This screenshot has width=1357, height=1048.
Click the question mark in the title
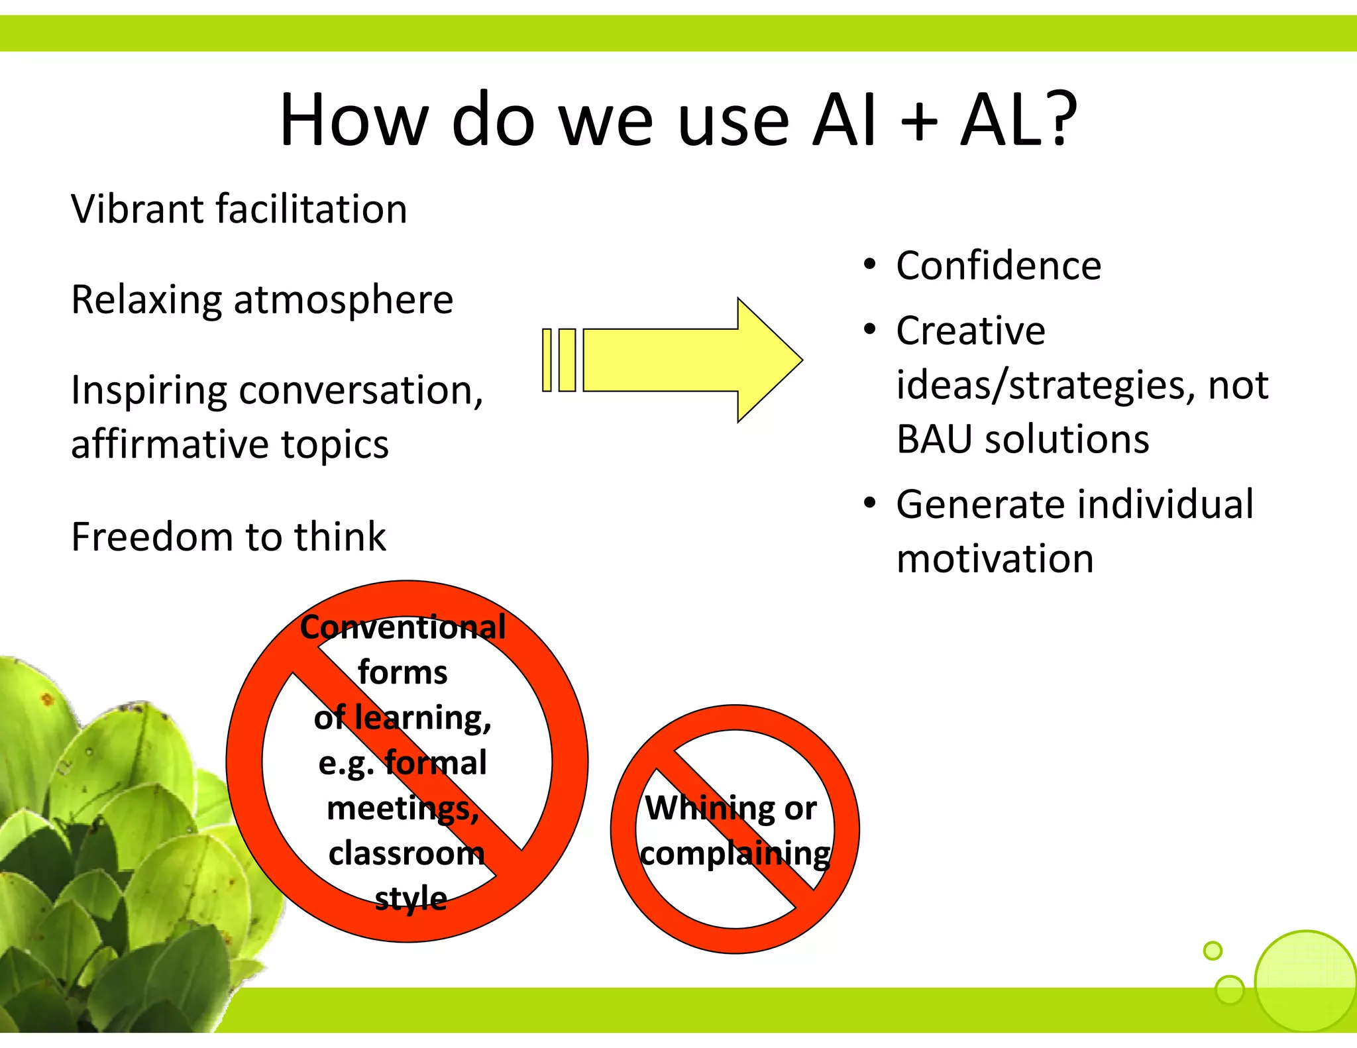[1054, 119]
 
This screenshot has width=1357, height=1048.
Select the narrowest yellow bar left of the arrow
[547, 360]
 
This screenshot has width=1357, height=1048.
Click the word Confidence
[999, 266]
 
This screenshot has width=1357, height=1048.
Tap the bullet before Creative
[870, 329]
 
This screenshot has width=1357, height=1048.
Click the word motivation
[995, 559]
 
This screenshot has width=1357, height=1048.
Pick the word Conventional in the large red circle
[403, 627]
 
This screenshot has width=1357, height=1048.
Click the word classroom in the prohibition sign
[406, 853]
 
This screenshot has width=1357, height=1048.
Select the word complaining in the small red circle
[735, 854]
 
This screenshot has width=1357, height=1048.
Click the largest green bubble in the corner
[1305, 980]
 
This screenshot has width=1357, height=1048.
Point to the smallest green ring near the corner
[1213, 951]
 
